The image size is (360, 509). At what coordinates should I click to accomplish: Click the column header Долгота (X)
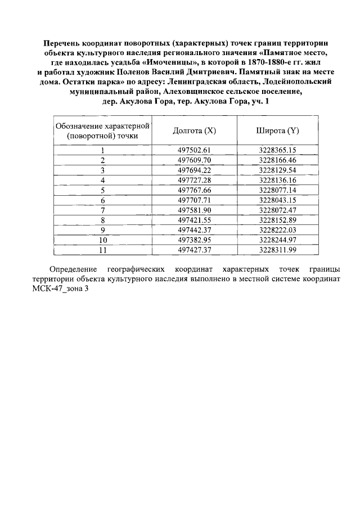(x=194, y=130)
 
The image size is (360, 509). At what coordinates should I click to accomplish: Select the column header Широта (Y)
(x=277, y=130)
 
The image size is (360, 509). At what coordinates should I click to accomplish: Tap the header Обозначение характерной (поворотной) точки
(x=102, y=130)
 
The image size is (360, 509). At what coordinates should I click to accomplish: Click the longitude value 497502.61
(x=194, y=150)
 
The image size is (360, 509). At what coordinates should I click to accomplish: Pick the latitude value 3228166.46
(x=277, y=160)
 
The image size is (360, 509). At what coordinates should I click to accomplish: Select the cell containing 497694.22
(x=194, y=170)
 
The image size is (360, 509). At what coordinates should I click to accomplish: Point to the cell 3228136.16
(x=277, y=180)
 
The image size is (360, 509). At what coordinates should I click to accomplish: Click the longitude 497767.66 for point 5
(x=194, y=190)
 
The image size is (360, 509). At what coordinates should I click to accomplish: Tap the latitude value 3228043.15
(x=277, y=200)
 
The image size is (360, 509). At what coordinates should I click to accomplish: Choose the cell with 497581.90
(x=194, y=210)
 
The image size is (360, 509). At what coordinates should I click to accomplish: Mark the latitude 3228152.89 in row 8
(x=277, y=220)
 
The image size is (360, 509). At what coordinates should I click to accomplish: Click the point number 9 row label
(x=103, y=230)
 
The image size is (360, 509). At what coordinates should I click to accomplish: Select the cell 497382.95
(x=194, y=240)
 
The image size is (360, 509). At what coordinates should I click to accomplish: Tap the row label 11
(x=103, y=250)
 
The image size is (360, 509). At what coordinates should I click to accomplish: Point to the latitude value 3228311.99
(x=277, y=250)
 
